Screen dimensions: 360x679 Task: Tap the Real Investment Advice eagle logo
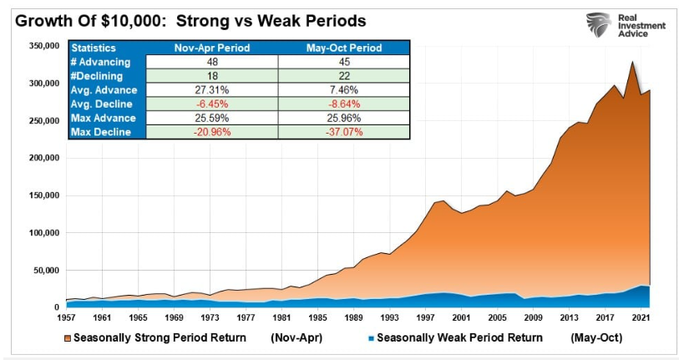click(599, 25)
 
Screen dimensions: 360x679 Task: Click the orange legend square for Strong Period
click(68, 338)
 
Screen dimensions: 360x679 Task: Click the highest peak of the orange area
click(633, 62)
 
